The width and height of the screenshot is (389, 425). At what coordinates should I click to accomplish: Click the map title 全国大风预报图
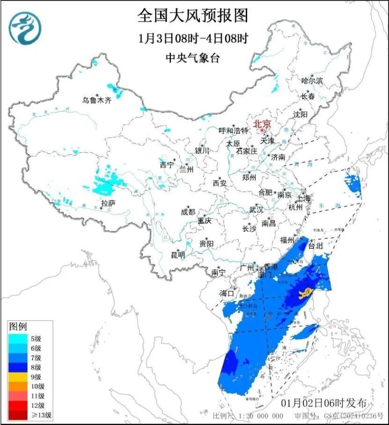(192, 15)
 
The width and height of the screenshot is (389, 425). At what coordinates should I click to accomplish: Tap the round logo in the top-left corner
(26, 28)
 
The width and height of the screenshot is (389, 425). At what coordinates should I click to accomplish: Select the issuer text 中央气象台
(192, 58)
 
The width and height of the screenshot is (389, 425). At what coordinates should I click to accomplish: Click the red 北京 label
(262, 124)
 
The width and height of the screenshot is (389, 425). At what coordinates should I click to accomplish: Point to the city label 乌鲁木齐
(97, 100)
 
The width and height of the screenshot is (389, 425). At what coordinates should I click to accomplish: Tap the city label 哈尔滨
(312, 81)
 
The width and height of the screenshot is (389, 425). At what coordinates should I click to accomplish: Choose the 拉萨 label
(108, 203)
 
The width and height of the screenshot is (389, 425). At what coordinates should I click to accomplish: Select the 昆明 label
(178, 255)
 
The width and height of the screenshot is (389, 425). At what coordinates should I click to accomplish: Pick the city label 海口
(227, 293)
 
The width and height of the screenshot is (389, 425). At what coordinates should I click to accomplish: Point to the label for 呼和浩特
(234, 130)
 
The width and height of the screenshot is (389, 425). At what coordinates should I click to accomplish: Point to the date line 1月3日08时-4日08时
(193, 38)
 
